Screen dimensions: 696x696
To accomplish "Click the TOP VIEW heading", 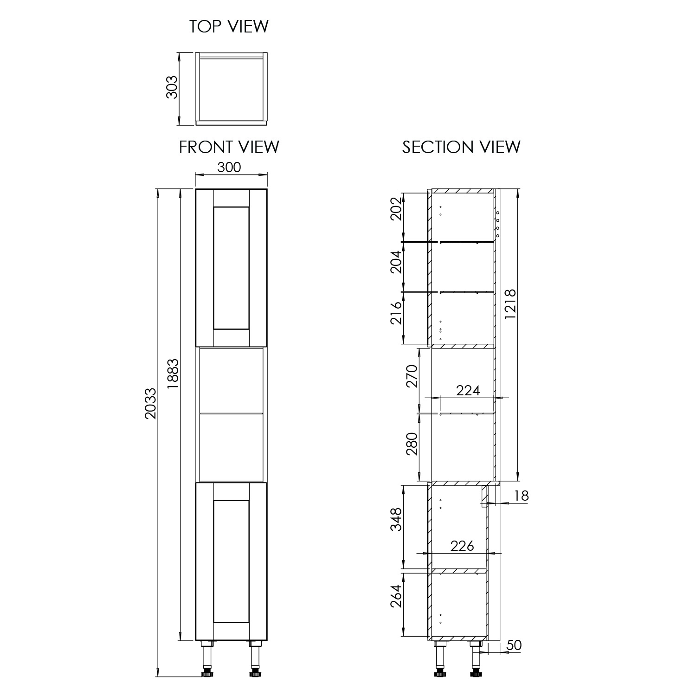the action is [x=229, y=26].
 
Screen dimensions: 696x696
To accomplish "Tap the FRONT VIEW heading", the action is [x=229, y=147].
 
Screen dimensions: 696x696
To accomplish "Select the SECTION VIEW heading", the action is [x=461, y=147].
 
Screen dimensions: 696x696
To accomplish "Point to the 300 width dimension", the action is [x=229, y=167].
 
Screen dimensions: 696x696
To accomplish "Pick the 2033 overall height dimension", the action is [x=151, y=403].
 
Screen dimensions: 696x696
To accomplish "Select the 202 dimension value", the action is [x=395, y=209].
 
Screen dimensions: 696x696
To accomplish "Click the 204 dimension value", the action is [x=395, y=262].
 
